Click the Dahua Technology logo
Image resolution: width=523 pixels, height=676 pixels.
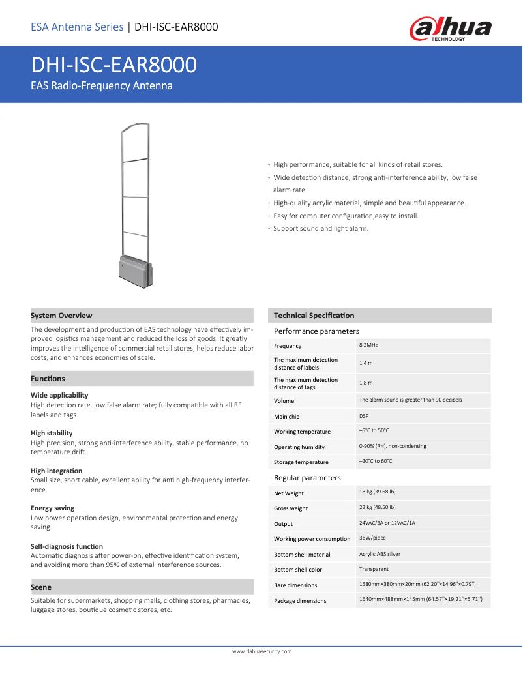tap(450, 29)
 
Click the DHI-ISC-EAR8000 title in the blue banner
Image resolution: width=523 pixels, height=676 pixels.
tap(114, 66)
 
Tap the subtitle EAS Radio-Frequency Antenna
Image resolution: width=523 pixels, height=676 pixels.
tap(102, 86)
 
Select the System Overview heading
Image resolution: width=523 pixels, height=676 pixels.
tap(61, 316)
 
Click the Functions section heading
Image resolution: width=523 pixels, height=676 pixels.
tap(48, 379)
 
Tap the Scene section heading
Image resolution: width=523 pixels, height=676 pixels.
tap(41, 587)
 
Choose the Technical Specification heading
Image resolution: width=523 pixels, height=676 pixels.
tap(314, 316)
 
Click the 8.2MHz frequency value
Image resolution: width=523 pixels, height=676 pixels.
tap(368, 345)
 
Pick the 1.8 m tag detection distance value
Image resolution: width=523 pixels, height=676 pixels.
tap(366, 383)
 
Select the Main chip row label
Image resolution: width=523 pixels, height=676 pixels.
tap(287, 417)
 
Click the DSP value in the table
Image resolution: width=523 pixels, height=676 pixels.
tap(364, 415)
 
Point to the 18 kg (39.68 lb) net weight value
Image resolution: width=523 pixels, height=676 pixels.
tap(378, 492)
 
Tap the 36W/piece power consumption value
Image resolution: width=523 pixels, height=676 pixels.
tap(373, 538)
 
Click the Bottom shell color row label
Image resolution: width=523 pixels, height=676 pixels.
tap(298, 570)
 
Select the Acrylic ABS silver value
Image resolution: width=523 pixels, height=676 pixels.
tap(380, 554)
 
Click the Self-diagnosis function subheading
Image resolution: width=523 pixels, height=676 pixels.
tap(67, 546)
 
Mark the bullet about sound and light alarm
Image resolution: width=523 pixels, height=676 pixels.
tap(321, 229)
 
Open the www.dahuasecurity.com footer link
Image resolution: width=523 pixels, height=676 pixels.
tap(261, 651)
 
